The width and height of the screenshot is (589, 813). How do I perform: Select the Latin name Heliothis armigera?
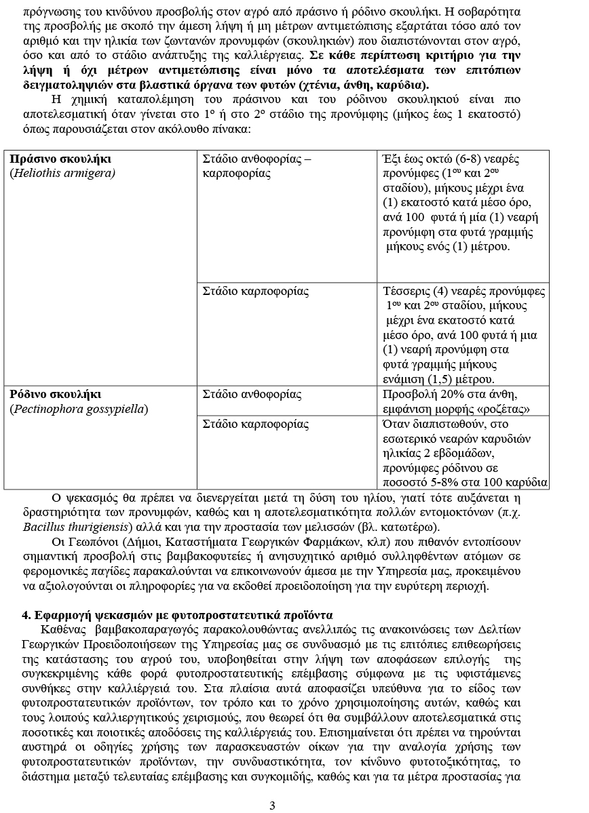pos(62,173)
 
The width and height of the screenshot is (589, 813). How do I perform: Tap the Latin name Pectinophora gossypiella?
pos(79,409)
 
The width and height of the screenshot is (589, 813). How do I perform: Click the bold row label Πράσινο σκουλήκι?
pos(60,159)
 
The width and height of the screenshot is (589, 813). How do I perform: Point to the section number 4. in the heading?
pos(26,615)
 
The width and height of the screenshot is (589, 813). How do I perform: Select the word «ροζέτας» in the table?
pos(504,409)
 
